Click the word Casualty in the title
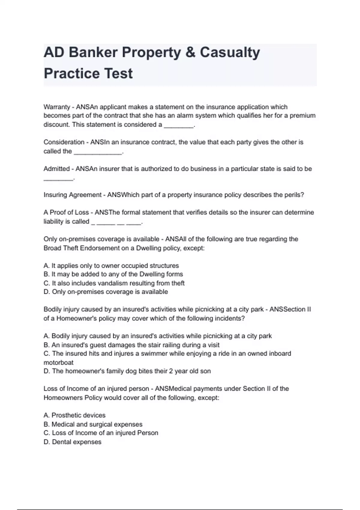pyautogui.click(x=230, y=52)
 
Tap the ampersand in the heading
pyautogui.click(x=190, y=52)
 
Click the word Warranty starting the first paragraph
pyautogui.click(x=57, y=107)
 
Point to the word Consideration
pyautogui.click(x=64, y=142)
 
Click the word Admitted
pyautogui.click(x=57, y=169)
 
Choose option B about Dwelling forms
pyautogui.click(x=113, y=274)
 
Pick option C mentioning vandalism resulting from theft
pyautogui.click(x=114, y=283)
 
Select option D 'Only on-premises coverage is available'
pyautogui.click(x=106, y=292)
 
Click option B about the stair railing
pyautogui.click(x=131, y=345)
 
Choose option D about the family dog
pyautogui.click(x=127, y=371)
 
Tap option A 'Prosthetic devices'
pyautogui.click(x=74, y=415)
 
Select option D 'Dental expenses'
pyautogui.click(x=72, y=442)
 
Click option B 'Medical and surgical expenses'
pyautogui.click(x=93, y=424)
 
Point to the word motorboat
pyautogui.click(x=58, y=362)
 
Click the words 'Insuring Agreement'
pyautogui.click(x=73, y=195)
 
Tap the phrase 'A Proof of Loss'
pyautogui.click(x=66, y=212)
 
